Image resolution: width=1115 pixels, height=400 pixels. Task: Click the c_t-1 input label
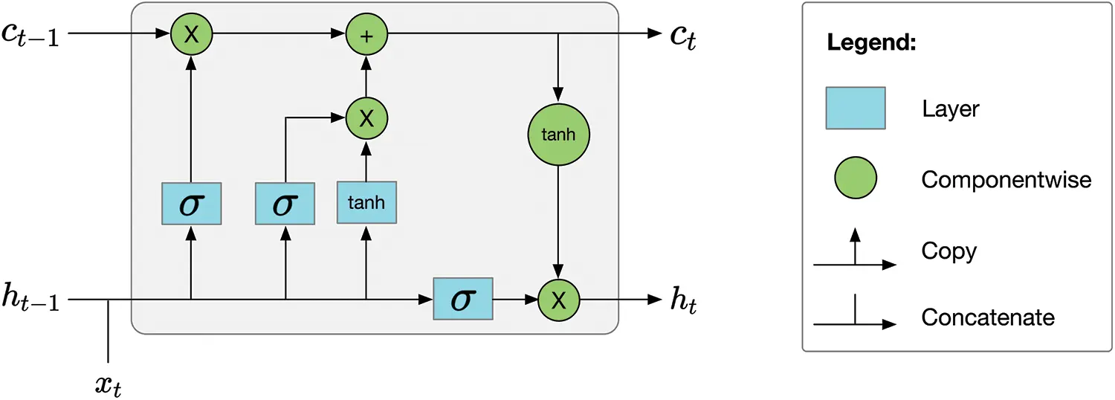pyautogui.click(x=33, y=35)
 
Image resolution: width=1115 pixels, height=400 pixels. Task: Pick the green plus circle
pyautogui.click(x=366, y=34)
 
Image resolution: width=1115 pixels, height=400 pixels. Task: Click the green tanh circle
pyautogui.click(x=557, y=136)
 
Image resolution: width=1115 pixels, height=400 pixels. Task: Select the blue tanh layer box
pyautogui.click(x=366, y=201)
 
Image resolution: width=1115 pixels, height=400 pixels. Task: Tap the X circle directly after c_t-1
pyautogui.click(x=191, y=34)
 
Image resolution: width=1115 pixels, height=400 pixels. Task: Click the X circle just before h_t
pyautogui.click(x=558, y=300)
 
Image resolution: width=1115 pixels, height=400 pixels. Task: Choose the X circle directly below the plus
pyautogui.click(x=366, y=118)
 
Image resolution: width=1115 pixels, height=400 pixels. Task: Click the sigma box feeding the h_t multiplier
pyautogui.click(x=463, y=299)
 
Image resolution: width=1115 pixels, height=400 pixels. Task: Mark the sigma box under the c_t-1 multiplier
pyautogui.click(x=191, y=203)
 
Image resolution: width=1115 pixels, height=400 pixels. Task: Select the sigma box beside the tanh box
pyautogui.click(x=285, y=203)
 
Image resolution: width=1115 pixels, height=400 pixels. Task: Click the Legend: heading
pyautogui.click(x=870, y=43)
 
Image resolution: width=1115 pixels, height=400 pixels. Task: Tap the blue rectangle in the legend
pyautogui.click(x=855, y=109)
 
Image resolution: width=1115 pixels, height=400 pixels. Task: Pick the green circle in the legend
pyautogui.click(x=855, y=179)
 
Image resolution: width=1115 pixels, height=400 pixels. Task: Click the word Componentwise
pyautogui.click(x=1006, y=179)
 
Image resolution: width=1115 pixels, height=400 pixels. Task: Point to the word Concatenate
pyautogui.click(x=988, y=317)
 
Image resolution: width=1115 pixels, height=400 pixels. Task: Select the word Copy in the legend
pyautogui.click(x=948, y=251)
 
